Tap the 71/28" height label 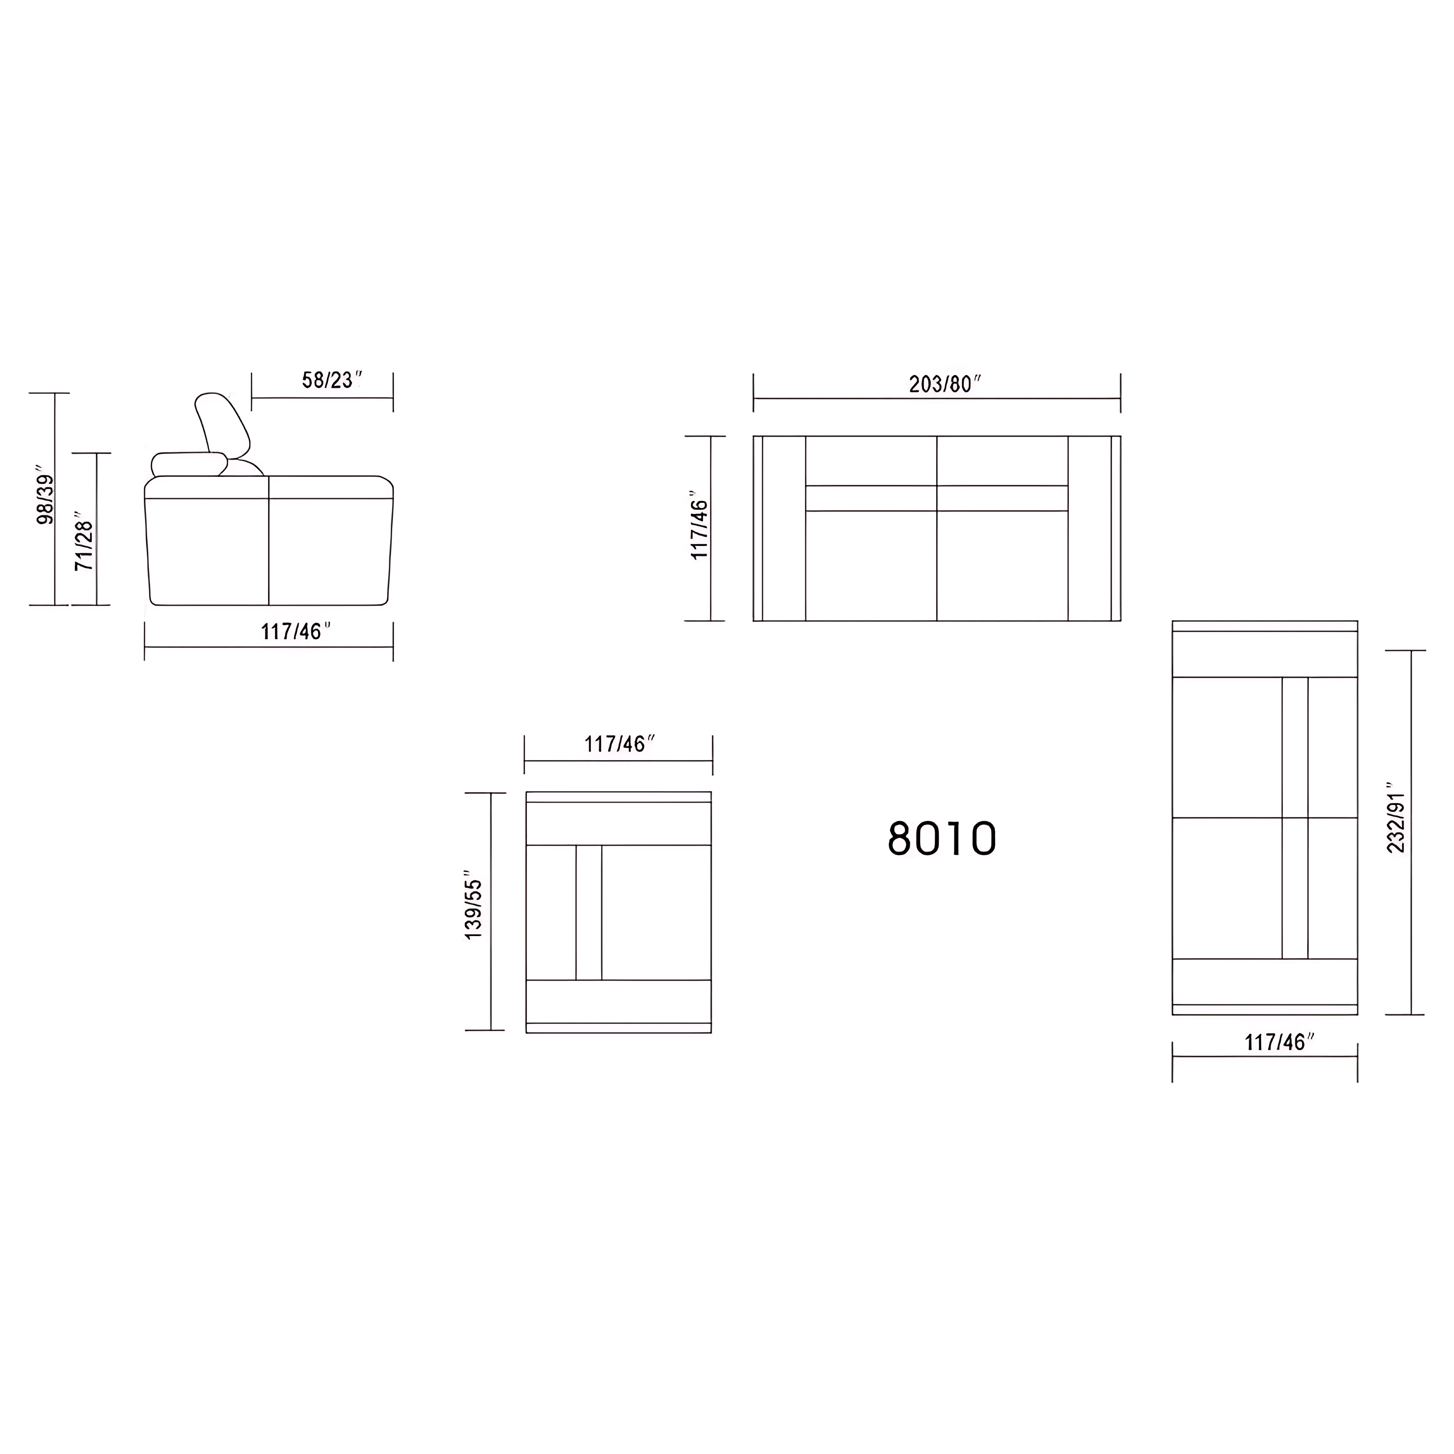(x=85, y=545)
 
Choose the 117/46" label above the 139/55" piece (x=619, y=744)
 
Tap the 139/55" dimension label (x=474, y=908)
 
